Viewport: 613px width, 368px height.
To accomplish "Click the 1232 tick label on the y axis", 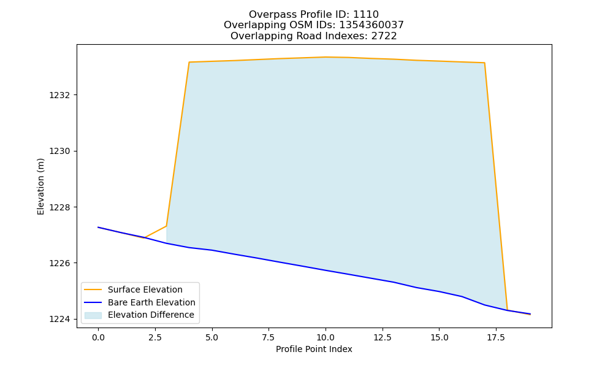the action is [x=60, y=96].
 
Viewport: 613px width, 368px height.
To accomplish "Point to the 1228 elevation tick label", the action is [x=60, y=207].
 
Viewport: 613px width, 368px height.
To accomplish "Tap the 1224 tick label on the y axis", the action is [x=60, y=319].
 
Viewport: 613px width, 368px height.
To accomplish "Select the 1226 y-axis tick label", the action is [x=60, y=263].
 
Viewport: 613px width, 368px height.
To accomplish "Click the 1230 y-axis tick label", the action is [x=60, y=151].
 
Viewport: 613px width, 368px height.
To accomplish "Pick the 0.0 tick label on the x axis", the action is [x=98, y=337].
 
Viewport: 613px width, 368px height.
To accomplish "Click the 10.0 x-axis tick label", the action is [x=326, y=337].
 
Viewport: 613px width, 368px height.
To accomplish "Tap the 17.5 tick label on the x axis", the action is [x=496, y=337].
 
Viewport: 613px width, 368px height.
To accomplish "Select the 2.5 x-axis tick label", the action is [x=155, y=337].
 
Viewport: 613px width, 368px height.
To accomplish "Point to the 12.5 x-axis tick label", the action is [x=382, y=337].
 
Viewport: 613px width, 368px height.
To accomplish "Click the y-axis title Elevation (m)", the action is [x=40, y=186].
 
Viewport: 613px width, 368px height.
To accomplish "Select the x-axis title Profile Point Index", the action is [x=314, y=349].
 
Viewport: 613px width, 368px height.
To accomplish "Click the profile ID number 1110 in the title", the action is [x=366, y=15].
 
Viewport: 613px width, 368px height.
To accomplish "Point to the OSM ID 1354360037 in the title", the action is [x=371, y=25].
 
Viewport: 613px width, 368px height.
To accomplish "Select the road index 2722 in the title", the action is [x=384, y=36].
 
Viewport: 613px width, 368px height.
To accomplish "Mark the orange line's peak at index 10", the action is [x=326, y=57].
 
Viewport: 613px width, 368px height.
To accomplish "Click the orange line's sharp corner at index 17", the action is [x=484, y=63].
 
